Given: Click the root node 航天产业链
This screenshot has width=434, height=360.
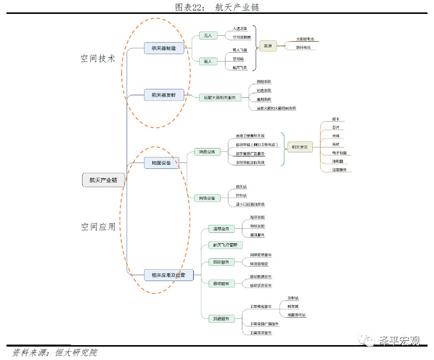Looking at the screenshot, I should [x=103, y=180].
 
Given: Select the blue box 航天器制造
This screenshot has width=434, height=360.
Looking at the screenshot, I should [x=164, y=48].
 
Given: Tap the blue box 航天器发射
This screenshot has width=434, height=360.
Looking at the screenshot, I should [x=164, y=95].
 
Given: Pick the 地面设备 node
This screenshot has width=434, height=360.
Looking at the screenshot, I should [x=161, y=163].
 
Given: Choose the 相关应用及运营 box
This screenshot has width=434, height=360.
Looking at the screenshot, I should [x=165, y=275].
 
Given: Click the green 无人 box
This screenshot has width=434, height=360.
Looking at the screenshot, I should [x=208, y=36].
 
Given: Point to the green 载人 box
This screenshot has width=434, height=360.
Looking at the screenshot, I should [x=208, y=61].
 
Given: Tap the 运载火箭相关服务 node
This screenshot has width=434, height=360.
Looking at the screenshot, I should [x=219, y=98].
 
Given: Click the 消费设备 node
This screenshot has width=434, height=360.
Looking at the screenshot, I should [x=207, y=151].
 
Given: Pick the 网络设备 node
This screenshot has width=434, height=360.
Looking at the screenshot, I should [x=207, y=198].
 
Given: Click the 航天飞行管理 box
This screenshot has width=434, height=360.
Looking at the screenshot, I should [x=225, y=245].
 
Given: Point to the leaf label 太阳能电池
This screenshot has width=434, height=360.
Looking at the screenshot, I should [x=305, y=39].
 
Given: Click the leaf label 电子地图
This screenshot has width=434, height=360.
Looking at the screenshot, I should [x=340, y=152].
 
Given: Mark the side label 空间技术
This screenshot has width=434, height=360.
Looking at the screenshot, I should [x=98, y=59].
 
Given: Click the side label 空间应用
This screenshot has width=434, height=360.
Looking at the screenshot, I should [x=98, y=227].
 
